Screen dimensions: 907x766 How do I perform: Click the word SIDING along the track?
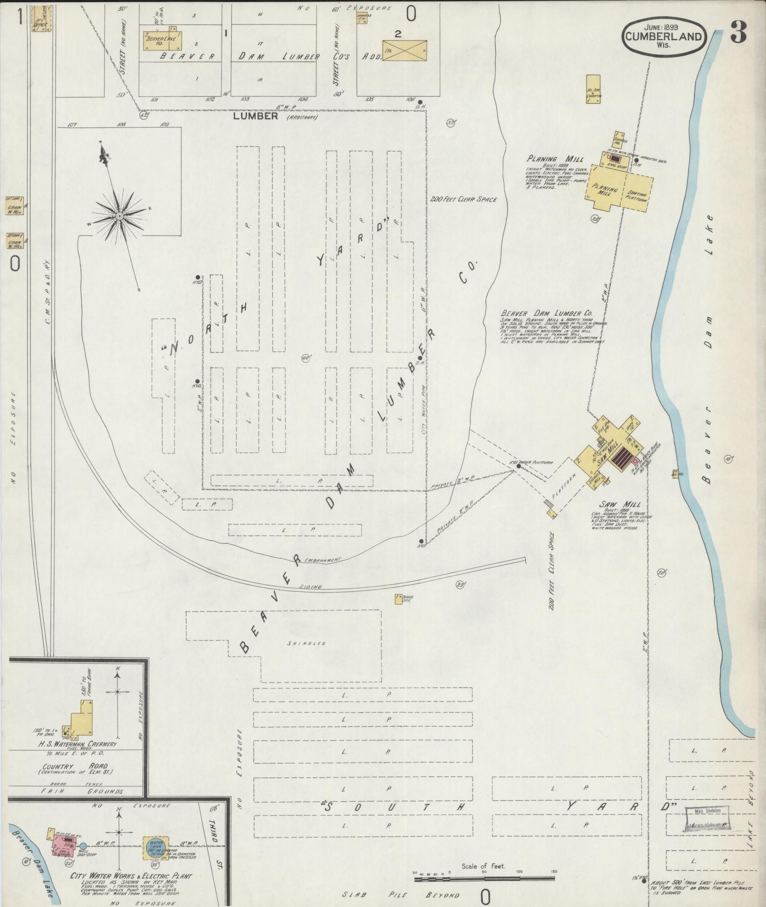[x=312, y=587]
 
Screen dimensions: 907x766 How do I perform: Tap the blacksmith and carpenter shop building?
[x=593, y=89]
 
